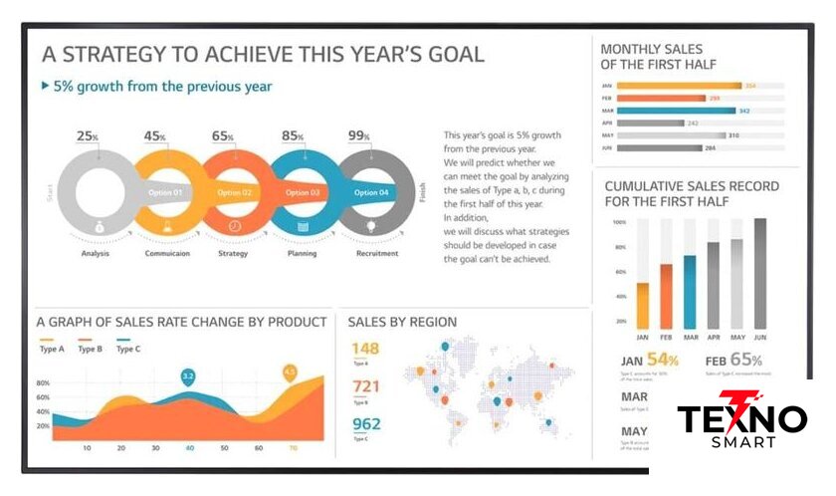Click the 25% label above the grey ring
click(88, 136)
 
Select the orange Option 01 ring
click(164, 191)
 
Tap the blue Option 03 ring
click(302, 191)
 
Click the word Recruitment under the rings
click(377, 253)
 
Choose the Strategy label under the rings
click(233, 253)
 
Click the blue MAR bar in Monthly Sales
click(676, 111)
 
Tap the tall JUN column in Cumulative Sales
click(760, 273)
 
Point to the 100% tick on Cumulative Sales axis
click(619, 222)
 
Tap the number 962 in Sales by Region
click(366, 423)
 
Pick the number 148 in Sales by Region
click(365, 349)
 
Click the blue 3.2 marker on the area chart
click(188, 375)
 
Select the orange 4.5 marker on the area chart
click(290, 372)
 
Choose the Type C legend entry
click(129, 348)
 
